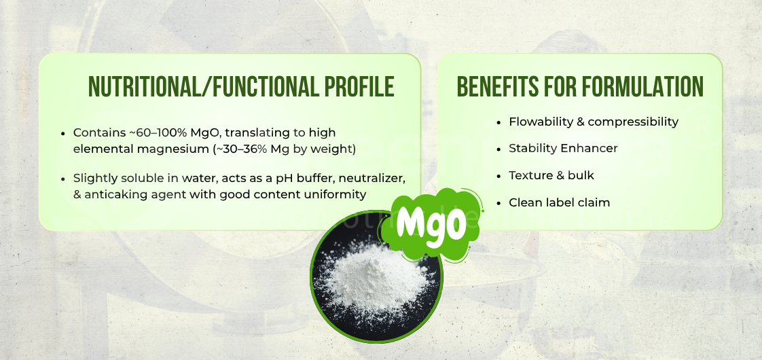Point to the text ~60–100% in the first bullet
151,132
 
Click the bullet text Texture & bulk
551,175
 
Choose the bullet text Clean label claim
559,202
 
